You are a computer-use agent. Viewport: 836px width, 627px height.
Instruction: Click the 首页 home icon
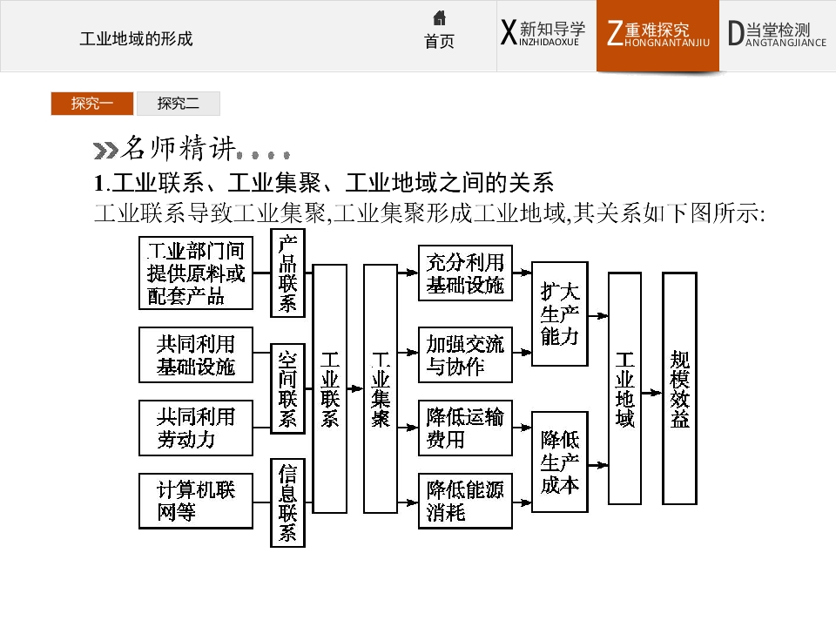click(439, 18)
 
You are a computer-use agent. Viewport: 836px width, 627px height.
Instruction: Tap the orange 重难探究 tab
click(657, 36)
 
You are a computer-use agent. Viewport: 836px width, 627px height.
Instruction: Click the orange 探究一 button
click(91, 104)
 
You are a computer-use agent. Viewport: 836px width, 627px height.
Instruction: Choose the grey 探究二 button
click(178, 104)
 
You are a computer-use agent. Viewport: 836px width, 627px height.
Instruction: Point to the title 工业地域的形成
click(136, 39)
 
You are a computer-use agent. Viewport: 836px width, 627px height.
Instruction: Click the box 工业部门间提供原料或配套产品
click(196, 272)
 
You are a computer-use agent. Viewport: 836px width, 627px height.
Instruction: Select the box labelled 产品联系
click(287, 272)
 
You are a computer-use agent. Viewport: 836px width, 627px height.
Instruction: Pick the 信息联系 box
click(287, 502)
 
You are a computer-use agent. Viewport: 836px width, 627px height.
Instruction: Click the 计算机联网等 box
click(196, 501)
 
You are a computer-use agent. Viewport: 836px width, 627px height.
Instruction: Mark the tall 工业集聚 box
click(380, 388)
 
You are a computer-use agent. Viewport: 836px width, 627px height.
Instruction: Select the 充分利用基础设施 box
click(465, 273)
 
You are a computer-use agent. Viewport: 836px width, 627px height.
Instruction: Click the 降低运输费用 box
click(465, 428)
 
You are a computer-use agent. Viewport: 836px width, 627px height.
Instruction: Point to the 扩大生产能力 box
click(558, 313)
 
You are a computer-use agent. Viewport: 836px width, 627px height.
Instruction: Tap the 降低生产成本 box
click(558, 462)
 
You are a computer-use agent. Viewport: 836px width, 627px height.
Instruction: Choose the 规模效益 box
click(679, 388)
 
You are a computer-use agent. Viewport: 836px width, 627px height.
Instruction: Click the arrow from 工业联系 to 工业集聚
click(354, 388)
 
